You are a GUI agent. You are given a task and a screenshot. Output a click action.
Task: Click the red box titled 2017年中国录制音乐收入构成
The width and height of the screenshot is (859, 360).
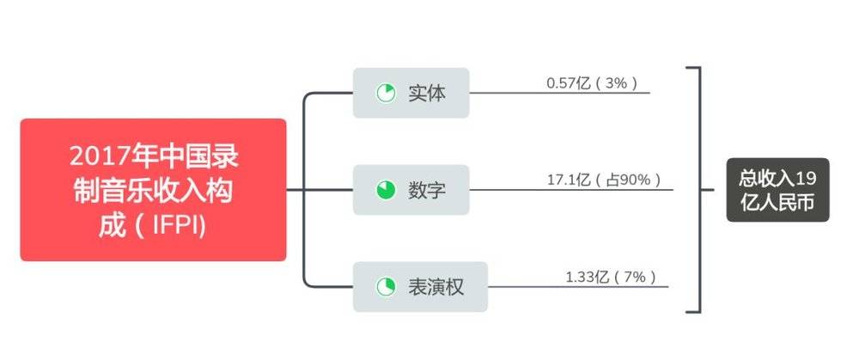coord(154,190)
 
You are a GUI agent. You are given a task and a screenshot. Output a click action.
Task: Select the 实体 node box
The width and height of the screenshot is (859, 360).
coord(411,93)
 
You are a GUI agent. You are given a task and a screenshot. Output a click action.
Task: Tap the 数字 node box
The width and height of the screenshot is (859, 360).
coord(411,190)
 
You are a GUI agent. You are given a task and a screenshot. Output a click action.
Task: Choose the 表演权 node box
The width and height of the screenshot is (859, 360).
coord(420,287)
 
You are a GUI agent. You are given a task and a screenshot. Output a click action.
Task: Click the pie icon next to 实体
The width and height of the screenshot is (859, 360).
coord(386,93)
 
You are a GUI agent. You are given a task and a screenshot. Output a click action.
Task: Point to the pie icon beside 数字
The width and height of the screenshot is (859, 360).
coord(386,190)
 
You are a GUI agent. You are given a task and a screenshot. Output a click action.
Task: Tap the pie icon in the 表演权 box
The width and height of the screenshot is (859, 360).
coord(386,287)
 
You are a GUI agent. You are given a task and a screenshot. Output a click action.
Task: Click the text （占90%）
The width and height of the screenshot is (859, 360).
coord(629,180)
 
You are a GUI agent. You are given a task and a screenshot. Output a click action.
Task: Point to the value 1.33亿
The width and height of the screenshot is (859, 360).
coord(588,277)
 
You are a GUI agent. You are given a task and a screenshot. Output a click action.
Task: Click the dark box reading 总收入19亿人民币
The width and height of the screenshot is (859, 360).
coord(778,190)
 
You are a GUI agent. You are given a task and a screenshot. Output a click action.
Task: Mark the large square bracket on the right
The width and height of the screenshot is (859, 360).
coord(700,190)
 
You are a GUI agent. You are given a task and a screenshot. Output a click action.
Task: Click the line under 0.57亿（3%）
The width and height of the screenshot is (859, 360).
coord(560,93)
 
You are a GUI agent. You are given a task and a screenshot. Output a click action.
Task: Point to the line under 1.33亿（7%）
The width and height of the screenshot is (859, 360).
coord(578,287)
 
